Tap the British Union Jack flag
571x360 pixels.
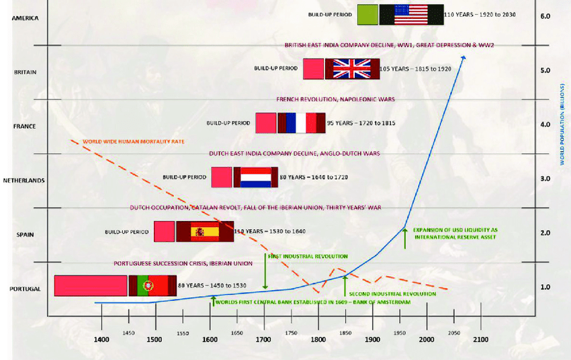click(x=352, y=69)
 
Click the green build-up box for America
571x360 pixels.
click(x=367, y=14)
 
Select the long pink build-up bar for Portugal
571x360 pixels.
click(x=91, y=285)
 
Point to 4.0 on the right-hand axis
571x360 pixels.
click(x=545, y=124)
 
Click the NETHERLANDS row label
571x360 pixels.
click(x=24, y=181)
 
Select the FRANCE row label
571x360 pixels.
click(x=25, y=126)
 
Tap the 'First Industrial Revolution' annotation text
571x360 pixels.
click(x=308, y=257)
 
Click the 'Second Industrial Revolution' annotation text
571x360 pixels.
click(x=392, y=294)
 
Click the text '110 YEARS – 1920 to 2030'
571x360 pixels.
click(x=480, y=14)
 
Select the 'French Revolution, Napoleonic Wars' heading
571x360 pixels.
click(x=335, y=99)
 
